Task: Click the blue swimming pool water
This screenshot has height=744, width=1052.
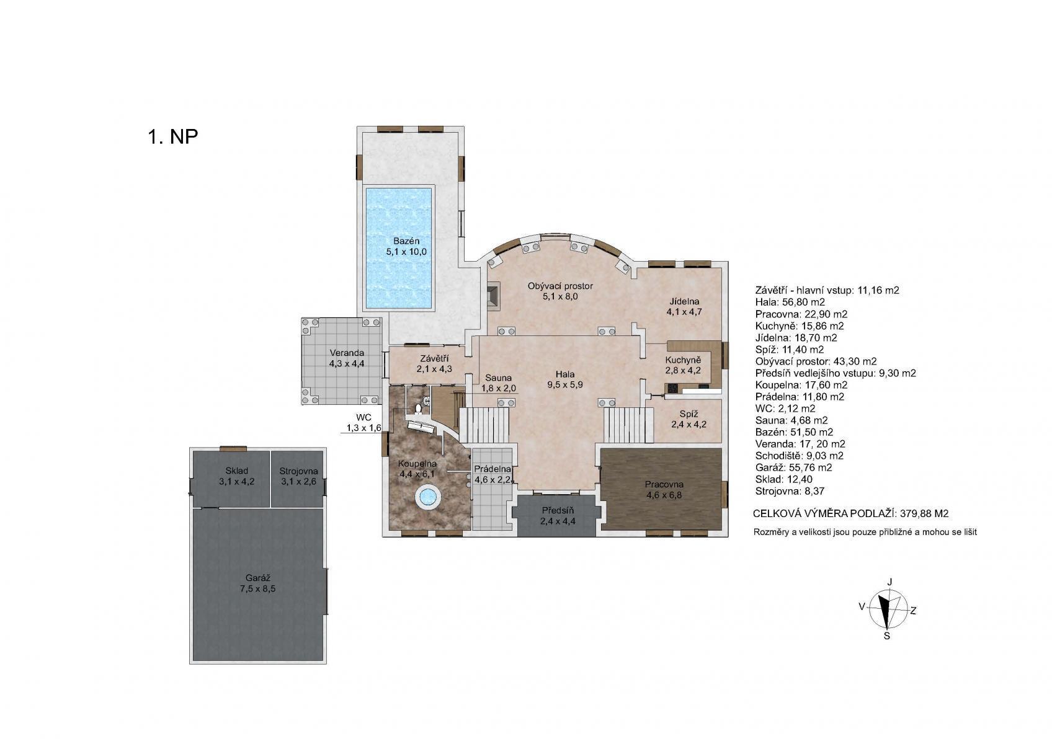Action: (399, 249)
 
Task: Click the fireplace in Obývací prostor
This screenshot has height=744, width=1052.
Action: (493, 296)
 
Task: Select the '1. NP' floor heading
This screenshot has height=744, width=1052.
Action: (173, 136)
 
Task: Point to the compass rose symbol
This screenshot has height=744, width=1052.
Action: (888, 609)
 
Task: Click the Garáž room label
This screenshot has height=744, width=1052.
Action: (257, 578)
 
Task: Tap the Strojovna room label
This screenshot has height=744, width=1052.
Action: (299, 471)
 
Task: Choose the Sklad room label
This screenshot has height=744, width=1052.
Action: (237, 471)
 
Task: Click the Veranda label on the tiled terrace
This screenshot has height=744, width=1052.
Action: (347, 353)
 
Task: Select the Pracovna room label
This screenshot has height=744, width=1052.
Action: (664, 484)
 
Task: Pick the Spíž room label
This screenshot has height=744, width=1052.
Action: (689, 414)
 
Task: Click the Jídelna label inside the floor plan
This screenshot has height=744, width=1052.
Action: (685, 301)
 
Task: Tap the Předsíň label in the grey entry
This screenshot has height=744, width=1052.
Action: (558, 510)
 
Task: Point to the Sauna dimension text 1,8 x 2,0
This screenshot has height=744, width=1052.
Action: (499, 388)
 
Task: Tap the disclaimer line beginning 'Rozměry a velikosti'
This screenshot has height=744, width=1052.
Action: (865, 533)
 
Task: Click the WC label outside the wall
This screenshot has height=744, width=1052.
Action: (363, 417)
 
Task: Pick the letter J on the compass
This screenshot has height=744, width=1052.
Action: (889, 582)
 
